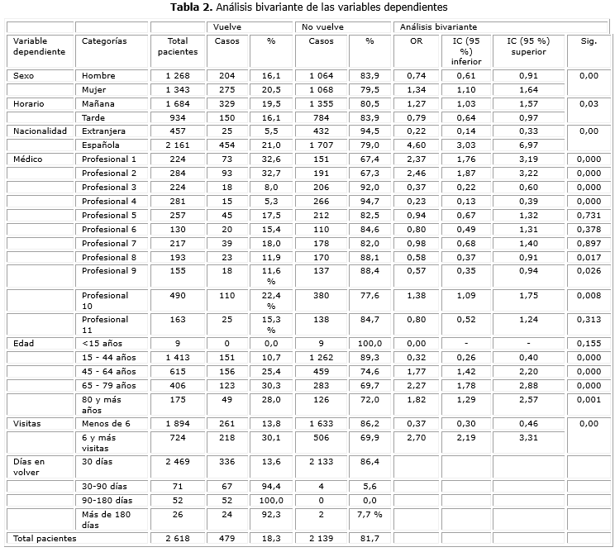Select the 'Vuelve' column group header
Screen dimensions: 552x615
[226, 27]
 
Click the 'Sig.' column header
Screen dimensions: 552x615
[588, 40]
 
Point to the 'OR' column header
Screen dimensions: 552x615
[416, 40]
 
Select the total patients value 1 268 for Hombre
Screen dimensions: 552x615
[177, 76]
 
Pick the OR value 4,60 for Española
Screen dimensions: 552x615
[416, 145]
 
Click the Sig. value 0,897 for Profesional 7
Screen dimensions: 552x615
[588, 243]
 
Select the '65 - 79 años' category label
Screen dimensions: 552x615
[108, 384]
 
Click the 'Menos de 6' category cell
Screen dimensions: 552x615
[106, 423]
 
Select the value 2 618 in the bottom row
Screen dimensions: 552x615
[177, 538]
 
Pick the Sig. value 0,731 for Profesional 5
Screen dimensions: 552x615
[588, 215]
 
